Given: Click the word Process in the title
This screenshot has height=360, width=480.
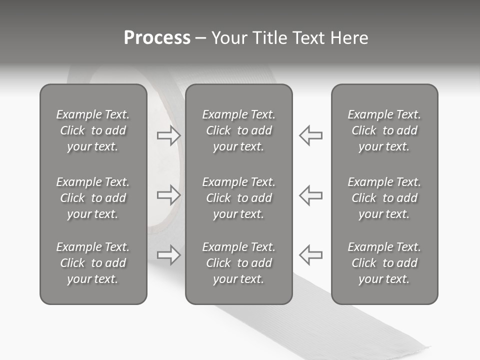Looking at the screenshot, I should tap(157, 38).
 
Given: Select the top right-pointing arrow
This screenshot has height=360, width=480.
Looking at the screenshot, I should tap(168, 135).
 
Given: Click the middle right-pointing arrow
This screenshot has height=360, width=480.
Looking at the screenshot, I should tap(168, 195).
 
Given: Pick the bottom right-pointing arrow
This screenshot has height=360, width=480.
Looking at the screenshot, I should tap(168, 255).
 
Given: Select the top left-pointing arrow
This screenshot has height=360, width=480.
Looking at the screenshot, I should tap(311, 135).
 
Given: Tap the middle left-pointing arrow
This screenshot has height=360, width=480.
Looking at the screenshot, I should tap(311, 195).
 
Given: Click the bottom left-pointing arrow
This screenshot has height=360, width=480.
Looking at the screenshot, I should tap(311, 255).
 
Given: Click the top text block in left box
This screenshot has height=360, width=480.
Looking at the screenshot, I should tap(93, 130).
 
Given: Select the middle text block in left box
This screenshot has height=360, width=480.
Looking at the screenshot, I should tap(93, 198).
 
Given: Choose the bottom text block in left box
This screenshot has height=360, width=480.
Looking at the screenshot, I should tap(93, 263).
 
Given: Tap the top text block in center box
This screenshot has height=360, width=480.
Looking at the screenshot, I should tap(239, 130).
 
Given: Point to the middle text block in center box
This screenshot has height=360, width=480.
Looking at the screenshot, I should tap(239, 198).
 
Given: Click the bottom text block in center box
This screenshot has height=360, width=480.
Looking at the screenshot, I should tap(239, 263).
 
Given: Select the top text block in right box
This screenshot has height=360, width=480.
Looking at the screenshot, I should tap(384, 130).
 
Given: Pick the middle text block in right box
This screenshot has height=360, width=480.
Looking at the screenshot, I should tap(384, 198).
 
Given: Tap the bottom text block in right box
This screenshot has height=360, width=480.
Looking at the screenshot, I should tap(384, 263).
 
